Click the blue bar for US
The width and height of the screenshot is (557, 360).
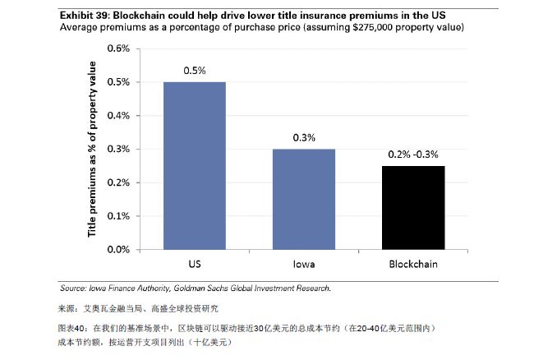[194, 164]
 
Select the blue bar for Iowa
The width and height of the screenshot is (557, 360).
[304, 198]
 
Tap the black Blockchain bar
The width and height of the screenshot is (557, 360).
[413, 206]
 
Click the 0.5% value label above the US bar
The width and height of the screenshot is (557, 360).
[194, 71]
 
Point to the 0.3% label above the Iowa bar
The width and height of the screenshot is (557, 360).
[304, 138]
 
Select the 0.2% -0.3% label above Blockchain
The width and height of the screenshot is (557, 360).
[413, 155]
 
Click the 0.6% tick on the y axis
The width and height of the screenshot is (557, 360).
[119, 48]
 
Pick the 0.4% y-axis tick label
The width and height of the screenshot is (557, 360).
[119, 115]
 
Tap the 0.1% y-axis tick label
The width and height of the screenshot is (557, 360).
[119, 215]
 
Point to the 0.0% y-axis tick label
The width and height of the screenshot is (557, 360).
[119, 249]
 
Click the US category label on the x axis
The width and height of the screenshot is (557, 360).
[194, 265]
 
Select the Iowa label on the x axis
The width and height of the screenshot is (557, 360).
[304, 265]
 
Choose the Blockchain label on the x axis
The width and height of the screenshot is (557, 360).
[413, 265]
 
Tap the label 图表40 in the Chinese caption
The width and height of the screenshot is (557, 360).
[73, 328]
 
